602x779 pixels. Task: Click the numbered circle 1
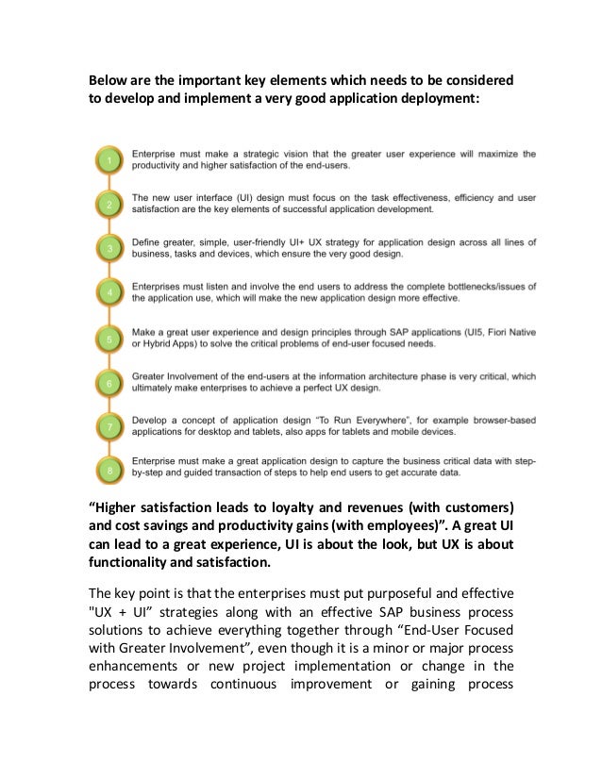click(109, 162)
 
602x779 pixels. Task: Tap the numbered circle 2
click(109, 205)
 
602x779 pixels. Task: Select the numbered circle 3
click(109, 249)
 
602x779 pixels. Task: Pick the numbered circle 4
click(109, 293)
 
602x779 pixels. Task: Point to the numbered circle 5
click(109, 338)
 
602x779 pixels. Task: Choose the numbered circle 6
click(109, 383)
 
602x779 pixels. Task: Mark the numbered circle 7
click(109, 427)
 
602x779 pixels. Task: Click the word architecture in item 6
click(417, 375)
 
